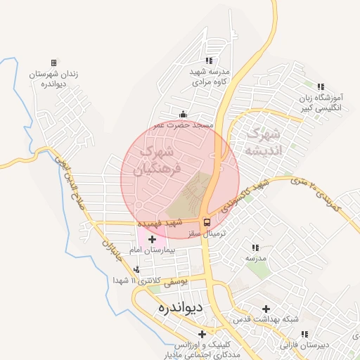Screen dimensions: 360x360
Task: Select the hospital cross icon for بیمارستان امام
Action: (152, 239)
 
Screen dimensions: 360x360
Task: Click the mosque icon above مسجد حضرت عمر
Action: (184, 115)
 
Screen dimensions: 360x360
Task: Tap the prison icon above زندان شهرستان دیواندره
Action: (54, 63)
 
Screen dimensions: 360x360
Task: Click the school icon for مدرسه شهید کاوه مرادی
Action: (208, 61)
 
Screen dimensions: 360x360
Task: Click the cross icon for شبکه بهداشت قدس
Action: (266, 309)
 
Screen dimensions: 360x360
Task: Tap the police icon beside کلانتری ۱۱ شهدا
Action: (136, 269)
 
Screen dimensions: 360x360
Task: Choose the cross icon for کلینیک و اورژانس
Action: (202, 334)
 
